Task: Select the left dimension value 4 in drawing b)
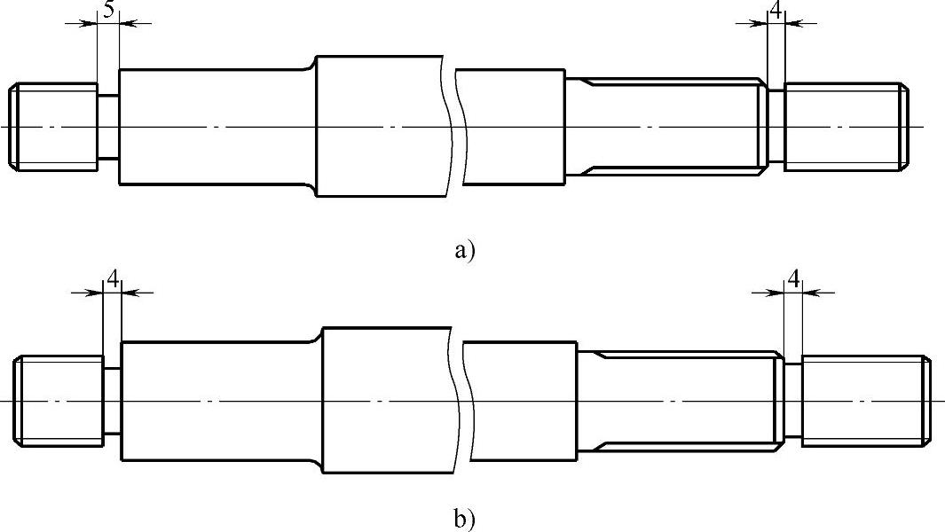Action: [x=113, y=279]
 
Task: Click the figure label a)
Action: [x=465, y=251]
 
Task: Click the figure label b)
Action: [x=465, y=519]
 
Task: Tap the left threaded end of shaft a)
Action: [x=53, y=127]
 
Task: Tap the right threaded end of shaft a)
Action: [x=845, y=126]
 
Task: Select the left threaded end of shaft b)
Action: [x=59, y=400]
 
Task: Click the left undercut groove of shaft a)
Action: [x=107, y=127]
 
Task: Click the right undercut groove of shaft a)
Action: [x=776, y=126]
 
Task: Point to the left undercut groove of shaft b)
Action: [x=113, y=400]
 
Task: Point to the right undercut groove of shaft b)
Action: [x=793, y=400]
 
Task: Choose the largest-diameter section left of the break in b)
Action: [x=387, y=400]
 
